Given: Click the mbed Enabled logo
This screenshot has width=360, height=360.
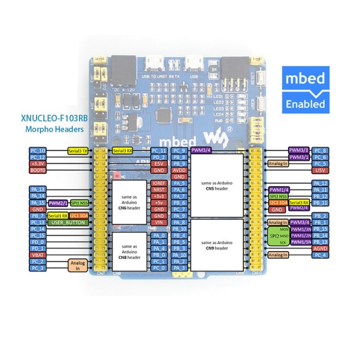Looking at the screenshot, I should click(305, 90).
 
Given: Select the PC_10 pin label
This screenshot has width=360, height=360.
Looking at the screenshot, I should click(37, 151).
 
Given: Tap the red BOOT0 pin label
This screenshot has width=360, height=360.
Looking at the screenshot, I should click(37, 170).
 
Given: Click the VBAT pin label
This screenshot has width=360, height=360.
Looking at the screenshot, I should click(37, 255).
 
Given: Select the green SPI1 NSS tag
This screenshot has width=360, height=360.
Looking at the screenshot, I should click(79, 203).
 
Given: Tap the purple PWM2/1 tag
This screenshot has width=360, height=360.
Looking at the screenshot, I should click(58, 203).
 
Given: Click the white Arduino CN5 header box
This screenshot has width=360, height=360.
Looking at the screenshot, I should click(216, 185).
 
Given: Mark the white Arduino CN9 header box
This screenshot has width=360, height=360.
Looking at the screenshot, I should click(216, 244).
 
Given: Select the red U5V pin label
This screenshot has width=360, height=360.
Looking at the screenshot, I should click(320, 170).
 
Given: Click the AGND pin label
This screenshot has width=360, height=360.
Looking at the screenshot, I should click(320, 249).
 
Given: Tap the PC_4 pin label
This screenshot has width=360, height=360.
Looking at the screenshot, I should click(320, 255).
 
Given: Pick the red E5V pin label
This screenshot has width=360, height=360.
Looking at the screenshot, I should click(158, 164).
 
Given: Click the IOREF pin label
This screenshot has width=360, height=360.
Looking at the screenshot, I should click(158, 183).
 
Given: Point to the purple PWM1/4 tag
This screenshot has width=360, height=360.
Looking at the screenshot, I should click(279, 190).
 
